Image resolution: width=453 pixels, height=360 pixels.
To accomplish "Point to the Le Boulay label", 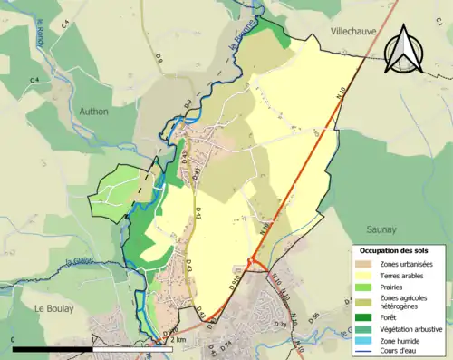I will (53, 309).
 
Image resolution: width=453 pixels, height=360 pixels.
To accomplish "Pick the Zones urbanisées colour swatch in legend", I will (366, 264).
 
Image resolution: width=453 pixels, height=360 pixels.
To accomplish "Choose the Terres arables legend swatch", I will (366, 276).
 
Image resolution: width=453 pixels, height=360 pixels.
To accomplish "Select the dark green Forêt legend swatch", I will (366, 316).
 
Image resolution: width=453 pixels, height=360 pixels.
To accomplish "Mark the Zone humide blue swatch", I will (366, 340).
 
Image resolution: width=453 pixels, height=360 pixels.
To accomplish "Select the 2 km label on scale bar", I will (178, 340).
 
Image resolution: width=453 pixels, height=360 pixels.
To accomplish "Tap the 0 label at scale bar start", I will (13, 340).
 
